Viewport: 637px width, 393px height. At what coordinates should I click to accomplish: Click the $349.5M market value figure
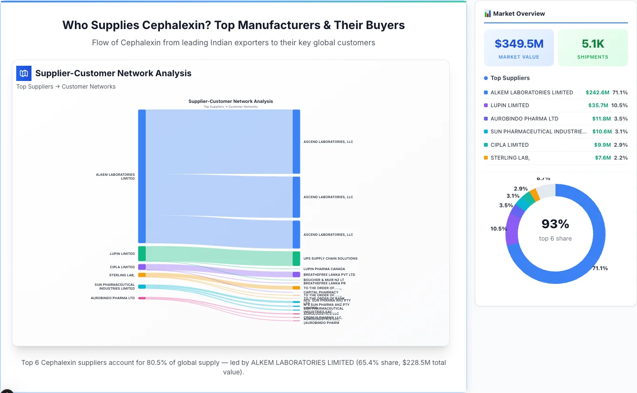(x=519, y=44)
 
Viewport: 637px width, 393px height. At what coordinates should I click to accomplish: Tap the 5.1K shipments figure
(x=593, y=44)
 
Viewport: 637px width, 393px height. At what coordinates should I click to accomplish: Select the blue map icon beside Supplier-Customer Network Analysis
(x=24, y=73)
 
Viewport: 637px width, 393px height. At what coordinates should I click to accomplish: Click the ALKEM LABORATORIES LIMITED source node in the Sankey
(x=142, y=176)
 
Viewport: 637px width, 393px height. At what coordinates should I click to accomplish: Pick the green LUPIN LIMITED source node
(x=142, y=253)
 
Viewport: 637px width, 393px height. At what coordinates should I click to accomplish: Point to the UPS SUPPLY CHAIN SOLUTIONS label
(x=330, y=259)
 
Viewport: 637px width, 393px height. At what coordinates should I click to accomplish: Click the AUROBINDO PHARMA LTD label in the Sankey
(x=113, y=298)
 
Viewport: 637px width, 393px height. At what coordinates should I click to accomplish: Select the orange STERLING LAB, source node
(x=142, y=275)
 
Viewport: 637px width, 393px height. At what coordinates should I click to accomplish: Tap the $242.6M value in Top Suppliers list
(x=597, y=92)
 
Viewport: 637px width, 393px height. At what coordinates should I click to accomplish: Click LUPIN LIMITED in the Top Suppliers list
(x=510, y=105)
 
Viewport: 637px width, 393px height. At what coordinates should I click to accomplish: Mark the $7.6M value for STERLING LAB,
(x=603, y=158)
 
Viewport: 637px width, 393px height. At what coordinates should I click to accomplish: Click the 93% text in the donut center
(x=555, y=224)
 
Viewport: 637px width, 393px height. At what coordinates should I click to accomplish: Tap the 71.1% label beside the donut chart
(x=600, y=269)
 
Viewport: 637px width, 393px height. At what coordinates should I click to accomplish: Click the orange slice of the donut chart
(x=535, y=194)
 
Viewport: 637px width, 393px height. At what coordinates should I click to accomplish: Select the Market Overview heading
(x=519, y=13)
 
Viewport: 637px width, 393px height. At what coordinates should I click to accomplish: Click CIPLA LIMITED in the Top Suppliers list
(x=509, y=145)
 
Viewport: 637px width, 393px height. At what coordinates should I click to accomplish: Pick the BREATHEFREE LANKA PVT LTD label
(x=329, y=275)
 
